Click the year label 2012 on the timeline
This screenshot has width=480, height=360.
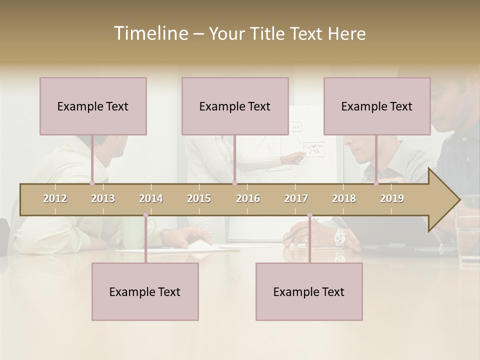[x=55, y=198]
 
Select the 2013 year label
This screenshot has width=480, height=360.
[x=103, y=198]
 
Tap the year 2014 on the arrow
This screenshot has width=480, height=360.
[x=151, y=198]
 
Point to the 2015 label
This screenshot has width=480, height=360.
[x=199, y=198]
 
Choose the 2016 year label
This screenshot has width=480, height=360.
[x=248, y=198]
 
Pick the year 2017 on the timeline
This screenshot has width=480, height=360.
[x=296, y=198]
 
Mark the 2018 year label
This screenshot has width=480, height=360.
[x=344, y=198]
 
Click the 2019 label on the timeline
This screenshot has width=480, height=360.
[x=392, y=198]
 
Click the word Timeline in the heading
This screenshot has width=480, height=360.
[x=150, y=33]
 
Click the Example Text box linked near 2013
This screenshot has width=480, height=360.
[x=93, y=106]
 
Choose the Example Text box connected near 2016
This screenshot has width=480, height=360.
[x=235, y=106]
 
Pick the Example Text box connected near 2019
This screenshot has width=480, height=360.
[x=377, y=106]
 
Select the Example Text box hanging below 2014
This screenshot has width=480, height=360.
[x=145, y=291]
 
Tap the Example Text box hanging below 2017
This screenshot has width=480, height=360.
[x=309, y=291]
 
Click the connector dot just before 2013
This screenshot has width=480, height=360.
[x=92, y=183]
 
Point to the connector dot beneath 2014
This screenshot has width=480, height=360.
[x=145, y=215]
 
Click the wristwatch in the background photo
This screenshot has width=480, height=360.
[x=340, y=236]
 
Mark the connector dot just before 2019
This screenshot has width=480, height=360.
[x=376, y=183]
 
